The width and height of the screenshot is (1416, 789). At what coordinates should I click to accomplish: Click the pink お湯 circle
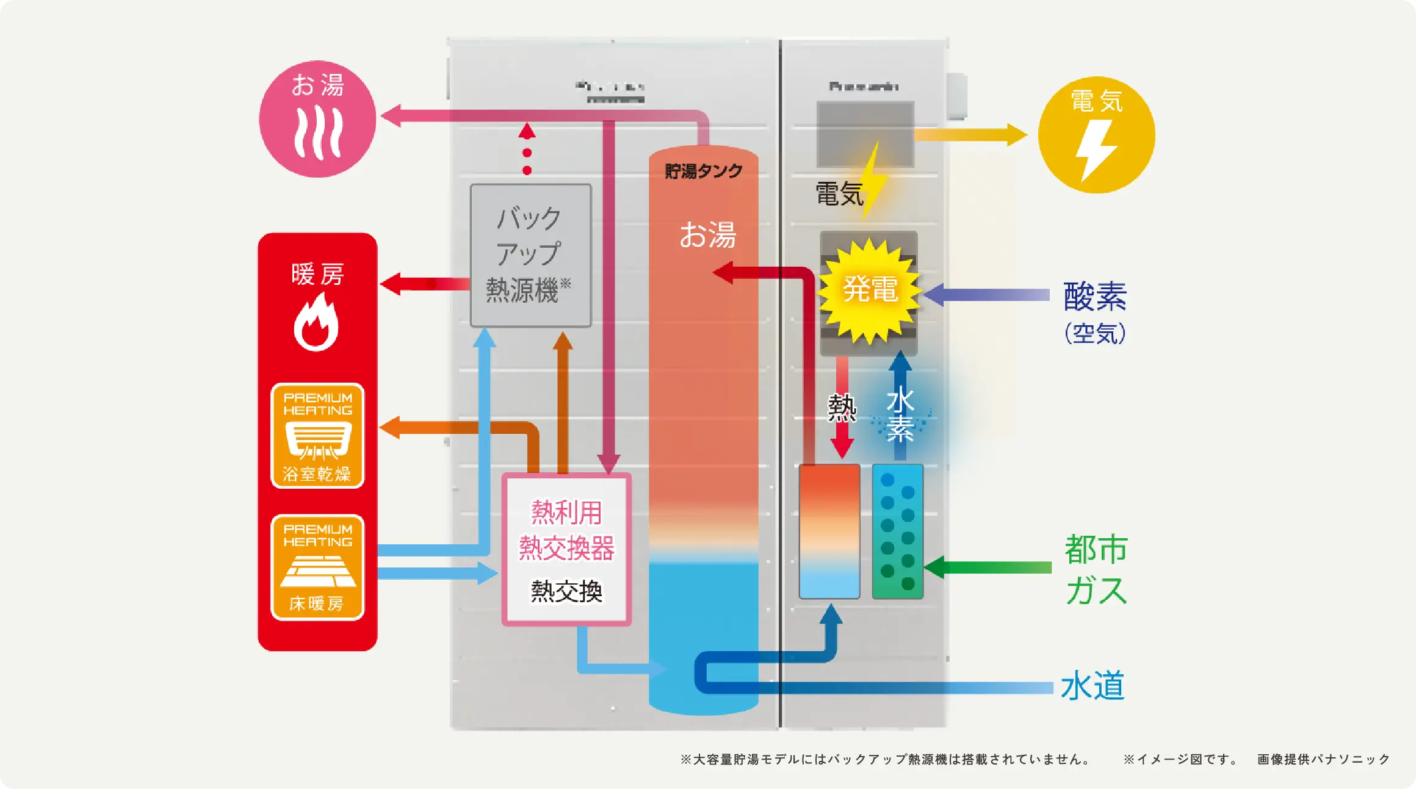(x=317, y=119)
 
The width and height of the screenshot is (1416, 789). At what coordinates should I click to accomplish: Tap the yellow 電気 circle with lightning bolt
(x=1096, y=135)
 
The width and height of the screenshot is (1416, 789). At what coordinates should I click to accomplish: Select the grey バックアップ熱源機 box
(x=530, y=255)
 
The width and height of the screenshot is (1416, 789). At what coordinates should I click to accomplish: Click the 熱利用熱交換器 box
(x=566, y=549)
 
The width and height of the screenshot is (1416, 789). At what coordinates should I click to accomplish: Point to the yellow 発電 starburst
(x=870, y=289)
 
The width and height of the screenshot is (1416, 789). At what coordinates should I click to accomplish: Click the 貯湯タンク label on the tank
(x=703, y=171)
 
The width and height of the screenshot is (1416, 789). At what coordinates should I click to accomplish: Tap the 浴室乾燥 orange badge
(x=317, y=436)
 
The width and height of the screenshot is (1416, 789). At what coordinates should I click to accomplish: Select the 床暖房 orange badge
(x=317, y=567)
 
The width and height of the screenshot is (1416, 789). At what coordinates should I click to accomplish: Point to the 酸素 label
(x=1095, y=297)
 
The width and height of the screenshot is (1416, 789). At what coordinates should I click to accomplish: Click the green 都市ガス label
(x=1096, y=569)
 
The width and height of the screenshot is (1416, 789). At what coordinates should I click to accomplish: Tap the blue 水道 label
(x=1093, y=686)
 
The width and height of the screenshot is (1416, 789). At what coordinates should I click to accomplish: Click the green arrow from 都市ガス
(x=989, y=567)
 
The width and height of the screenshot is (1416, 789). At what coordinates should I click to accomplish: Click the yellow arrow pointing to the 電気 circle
(x=970, y=135)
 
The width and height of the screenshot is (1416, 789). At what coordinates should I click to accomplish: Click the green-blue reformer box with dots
(x=897, y=531)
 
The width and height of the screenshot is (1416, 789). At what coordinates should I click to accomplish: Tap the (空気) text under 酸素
(x=1095, y=333)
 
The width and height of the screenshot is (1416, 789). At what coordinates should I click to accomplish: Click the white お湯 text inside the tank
(x=708, y=235)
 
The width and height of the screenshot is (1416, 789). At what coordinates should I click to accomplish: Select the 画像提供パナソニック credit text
(x=1323, y=759)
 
